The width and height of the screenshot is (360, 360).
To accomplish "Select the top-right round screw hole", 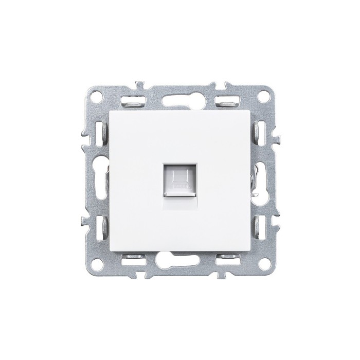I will (x=263, y=95).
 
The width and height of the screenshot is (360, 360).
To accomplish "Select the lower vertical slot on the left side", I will (x=99, y=224).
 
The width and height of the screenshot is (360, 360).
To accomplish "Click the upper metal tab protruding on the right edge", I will (x=277, y=138).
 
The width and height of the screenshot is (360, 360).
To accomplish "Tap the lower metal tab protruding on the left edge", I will (x=84, y=222).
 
